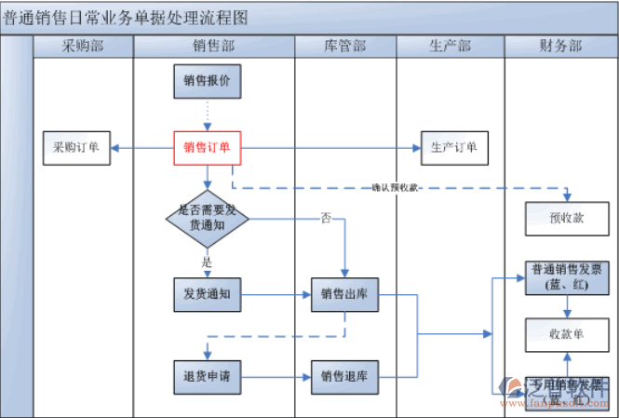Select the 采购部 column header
(x=83, y=47)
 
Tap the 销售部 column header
(x=213, y=47)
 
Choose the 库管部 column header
(x=344, y=47)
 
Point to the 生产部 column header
(x=450, y=47)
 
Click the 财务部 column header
(x=560, y=47)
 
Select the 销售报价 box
(x=207, y=81)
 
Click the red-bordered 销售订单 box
(x=207, y=147)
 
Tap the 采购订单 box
(x=76, y=147)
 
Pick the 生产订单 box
(x=454, y=147)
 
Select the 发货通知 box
(x=207, y=295)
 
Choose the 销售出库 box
(x=344, y=295)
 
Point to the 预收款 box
(x=566, y=218)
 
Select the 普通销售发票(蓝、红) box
(x=566, y=277)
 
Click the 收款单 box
(x=566, y=333)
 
